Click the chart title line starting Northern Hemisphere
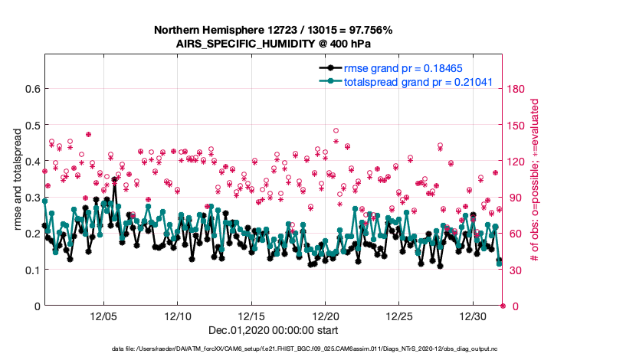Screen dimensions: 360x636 pyautogui.click(x=274, y=31)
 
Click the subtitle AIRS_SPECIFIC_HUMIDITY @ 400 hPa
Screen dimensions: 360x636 pyautogui.click(x=274, y=44)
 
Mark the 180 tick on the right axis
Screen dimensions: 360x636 pyautogui.click(x=518, y=89)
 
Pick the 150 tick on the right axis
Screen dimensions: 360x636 pyautogui.click(x=518, y=125)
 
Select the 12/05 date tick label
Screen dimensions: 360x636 pyautogui.click(x=103, y=316)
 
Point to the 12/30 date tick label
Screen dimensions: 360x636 pyautogui.click(x=473, y=316)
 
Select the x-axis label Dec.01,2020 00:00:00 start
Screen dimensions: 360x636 pyautogui.click(x=274, y=331)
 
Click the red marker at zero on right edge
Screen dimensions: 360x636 pyautogui.click(x=503, y=306)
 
